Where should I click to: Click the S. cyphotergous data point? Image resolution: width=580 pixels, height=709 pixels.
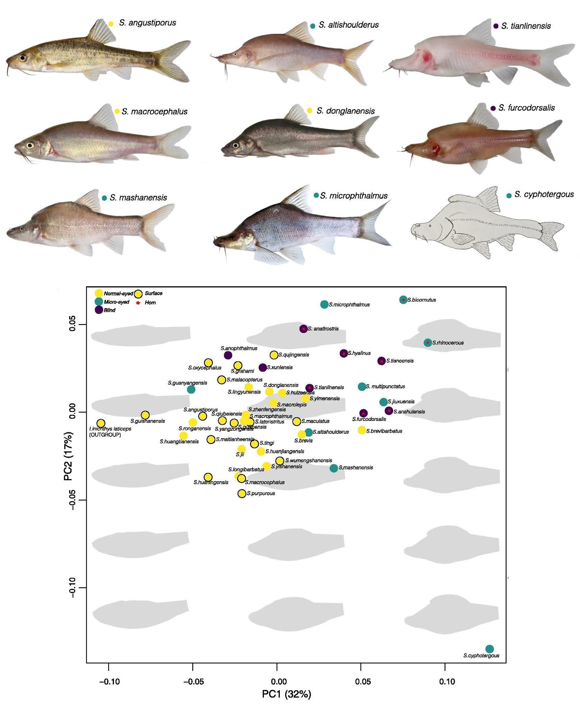coord(489,649)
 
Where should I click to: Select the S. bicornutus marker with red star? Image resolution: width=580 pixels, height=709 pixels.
coord(403,299)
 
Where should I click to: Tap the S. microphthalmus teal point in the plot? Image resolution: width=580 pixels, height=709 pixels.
coord(324,304)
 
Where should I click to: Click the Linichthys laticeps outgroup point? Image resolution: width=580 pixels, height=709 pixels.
coord(101,423)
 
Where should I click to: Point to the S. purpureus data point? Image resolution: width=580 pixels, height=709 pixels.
coord(242,493)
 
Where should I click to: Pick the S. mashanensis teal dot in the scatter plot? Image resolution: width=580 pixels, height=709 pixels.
coord(333,468)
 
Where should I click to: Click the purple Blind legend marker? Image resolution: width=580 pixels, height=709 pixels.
coord(99,310)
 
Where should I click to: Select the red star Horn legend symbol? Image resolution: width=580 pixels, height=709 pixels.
coord(138,303)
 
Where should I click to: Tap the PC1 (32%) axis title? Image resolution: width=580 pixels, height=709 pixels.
coord(286,694)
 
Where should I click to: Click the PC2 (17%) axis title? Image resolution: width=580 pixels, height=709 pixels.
coord(69,456)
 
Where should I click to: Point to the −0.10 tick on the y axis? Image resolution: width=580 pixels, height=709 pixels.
coord(72,587)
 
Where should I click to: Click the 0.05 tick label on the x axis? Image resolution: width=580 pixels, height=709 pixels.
coord(363,682)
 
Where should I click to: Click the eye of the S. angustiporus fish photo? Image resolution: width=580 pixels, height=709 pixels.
coord(23,57)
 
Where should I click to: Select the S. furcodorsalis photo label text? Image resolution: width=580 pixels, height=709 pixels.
coord(526,108)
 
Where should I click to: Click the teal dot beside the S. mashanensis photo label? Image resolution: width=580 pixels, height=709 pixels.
coord(104,198)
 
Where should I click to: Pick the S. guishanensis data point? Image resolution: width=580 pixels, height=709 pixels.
coord(145,415)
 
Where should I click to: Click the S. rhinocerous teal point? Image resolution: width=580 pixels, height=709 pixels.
coord(428,342)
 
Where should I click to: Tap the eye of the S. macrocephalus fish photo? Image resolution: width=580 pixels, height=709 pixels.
coord(30,145)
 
